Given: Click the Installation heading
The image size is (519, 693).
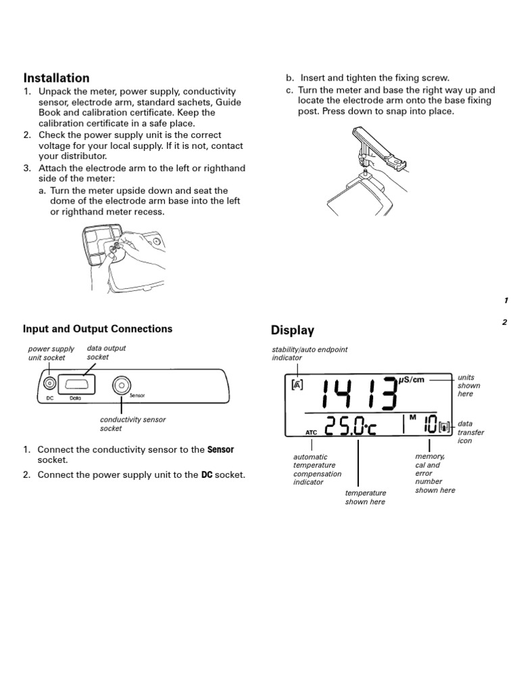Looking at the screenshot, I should coord(56,78).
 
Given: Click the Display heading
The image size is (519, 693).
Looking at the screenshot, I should coord(292,330).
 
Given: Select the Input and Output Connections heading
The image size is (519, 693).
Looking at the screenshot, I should coord(97,329).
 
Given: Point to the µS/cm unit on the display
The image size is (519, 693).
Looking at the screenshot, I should coord(411,380).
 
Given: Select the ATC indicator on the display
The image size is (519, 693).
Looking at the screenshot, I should coord(311,431).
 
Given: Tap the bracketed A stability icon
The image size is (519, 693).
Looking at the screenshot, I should coord(298,385).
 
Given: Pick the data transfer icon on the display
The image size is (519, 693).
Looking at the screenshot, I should coord(444,427).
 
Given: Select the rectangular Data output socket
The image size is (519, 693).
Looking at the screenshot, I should coord(76,384).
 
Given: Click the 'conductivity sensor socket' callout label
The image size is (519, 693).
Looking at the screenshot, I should coord(132,424).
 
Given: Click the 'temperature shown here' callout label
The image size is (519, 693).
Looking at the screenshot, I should coord(365,497).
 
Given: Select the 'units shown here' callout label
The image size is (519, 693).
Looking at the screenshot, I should coord(469,385).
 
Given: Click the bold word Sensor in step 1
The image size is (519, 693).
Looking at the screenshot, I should coord(220,449).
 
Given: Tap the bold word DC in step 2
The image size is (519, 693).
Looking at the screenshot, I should coord(206,475).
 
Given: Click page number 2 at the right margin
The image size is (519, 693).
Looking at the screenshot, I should coord(504,322).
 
